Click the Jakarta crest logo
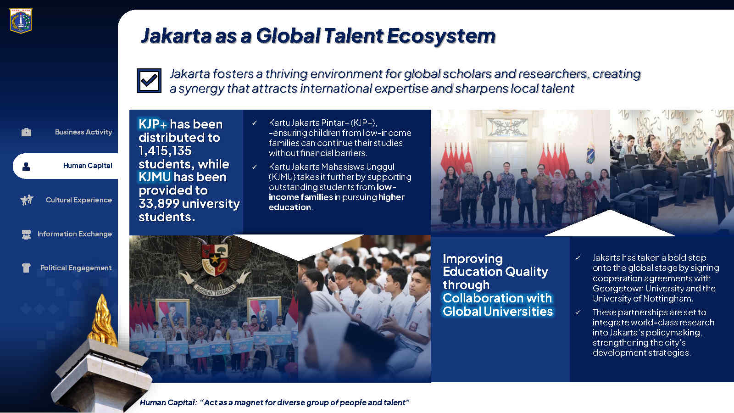coord(21,21)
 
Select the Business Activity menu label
coord(83,132)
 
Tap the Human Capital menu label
coord(88,166)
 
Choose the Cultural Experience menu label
coord(79,200)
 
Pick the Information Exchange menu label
coord(75,234)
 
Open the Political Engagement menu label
coord(76,268)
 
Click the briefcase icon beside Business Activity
coord(26,132)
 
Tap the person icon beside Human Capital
coord(26,167)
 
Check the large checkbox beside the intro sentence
coord(149,81)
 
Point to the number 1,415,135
coord(165,151)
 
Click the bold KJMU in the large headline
coord(155,177)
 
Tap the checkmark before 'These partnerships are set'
coord(578,313)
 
